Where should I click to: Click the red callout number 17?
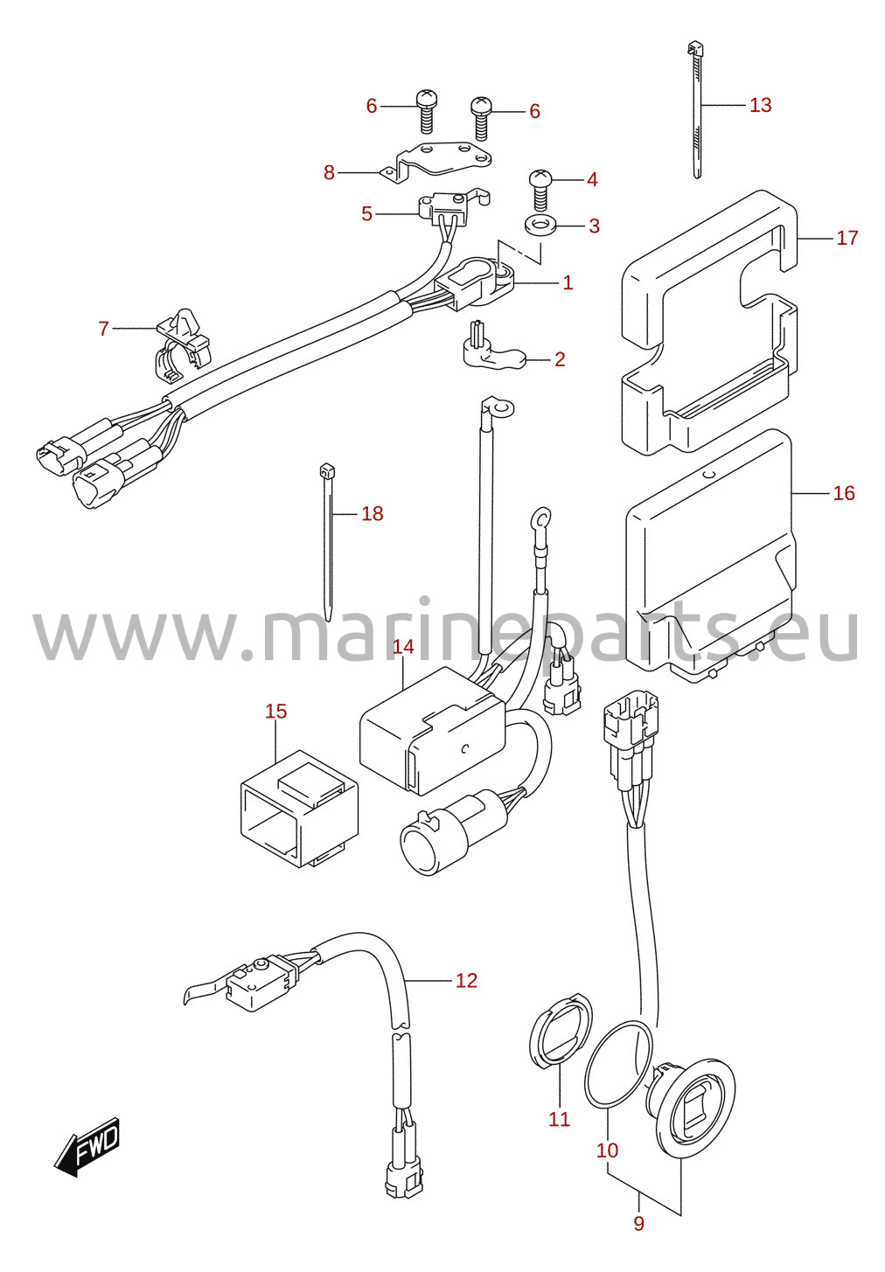click(x=847, y=238)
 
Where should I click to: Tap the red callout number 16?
click(x=844, y=493)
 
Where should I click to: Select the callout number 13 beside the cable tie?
click(x=761, y=105)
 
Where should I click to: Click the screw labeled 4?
click(x=540, y=189)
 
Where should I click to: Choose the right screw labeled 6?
click(x=482, y=118)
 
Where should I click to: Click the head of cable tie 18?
click(x=327, y=470)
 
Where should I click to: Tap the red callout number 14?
click(x=403, y=647)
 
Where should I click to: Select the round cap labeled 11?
click(x=560, y=1028)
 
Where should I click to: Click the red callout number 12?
click(x=466, y=980)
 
